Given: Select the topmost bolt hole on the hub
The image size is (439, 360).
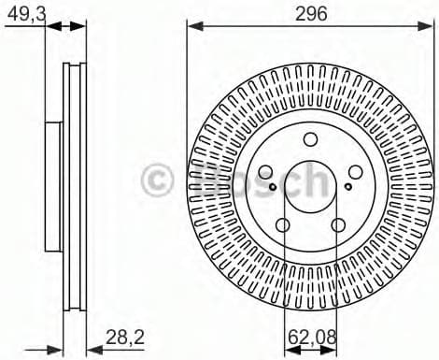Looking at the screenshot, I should (x=309, y=140).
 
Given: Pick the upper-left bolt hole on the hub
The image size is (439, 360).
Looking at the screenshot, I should (x=264, y=173).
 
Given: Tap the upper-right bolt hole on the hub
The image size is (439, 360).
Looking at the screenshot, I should (x=354, y=173).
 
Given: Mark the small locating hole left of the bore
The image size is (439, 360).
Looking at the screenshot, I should (x=272, y=186).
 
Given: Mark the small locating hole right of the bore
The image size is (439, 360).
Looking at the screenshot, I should (x=347, y=186).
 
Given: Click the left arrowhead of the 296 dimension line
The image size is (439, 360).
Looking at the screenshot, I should (x=192, y=26).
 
